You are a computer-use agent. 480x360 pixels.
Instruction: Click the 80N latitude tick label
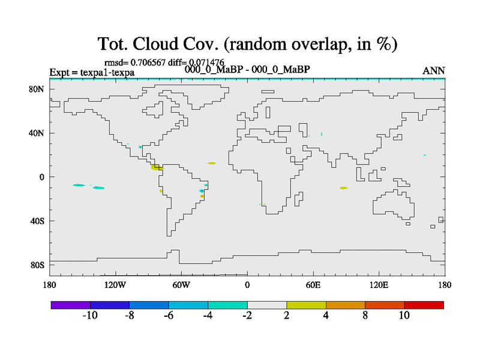point(37,89)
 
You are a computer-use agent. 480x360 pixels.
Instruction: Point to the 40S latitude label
point(37,221)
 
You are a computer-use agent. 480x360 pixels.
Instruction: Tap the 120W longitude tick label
point(115,286)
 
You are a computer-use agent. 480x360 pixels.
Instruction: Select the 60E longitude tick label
point(313,286)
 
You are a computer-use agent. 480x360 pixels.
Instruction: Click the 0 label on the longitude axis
point(247,286)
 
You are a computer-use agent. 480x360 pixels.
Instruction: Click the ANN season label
point(433,71)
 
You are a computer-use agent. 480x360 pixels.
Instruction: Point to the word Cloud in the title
point(155,44)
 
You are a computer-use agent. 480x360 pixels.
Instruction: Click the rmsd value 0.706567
point(148,62)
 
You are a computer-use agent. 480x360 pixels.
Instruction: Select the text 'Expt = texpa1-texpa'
point(92,73)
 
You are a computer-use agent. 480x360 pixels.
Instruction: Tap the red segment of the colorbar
point(424,305)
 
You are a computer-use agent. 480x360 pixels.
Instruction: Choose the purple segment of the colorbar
point(71,305)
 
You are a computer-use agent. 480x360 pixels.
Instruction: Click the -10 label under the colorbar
point(90,316)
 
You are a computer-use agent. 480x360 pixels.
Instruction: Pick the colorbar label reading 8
point(365,316)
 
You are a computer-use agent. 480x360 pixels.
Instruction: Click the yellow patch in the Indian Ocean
point(343,188)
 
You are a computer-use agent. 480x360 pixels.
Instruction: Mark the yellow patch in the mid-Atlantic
point(211,163)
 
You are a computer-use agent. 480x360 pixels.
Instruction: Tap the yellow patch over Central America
point(157,167)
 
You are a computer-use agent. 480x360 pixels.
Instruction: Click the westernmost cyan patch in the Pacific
point(79,185)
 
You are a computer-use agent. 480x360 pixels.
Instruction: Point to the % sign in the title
point(383,44)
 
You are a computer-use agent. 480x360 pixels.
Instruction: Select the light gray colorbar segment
point(267,305)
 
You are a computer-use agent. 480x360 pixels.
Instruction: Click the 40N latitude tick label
point(37,133)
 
